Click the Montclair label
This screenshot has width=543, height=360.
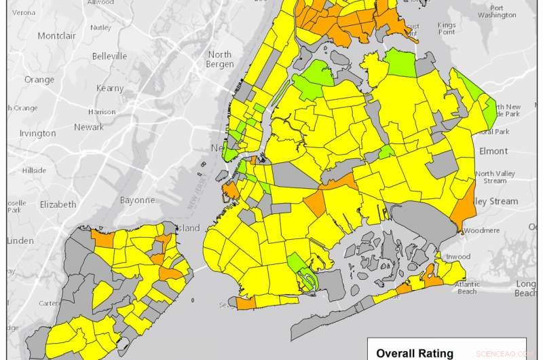[x=60, y=35]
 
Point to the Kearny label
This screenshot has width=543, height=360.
[x=110, y=88]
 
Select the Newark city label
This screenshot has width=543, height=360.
[x=89, y=127]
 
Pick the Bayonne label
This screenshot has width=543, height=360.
[x=138, y=200]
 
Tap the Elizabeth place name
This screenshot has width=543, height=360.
[x=58, y=204]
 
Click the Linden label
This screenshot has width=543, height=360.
[x=20, y=241]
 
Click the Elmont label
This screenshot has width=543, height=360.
[x=493, y=151]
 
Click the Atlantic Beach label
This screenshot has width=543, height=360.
[x=467, y=287]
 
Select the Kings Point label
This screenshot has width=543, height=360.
[x=447, y=28]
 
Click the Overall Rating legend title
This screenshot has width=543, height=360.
[x=415, y=353]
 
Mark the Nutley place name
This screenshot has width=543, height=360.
[x=100, y=28]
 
